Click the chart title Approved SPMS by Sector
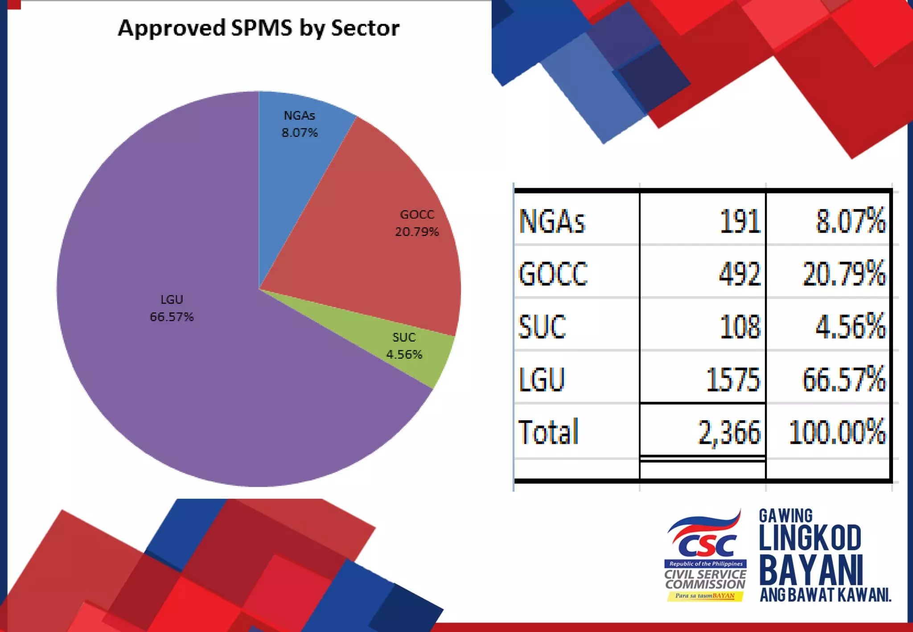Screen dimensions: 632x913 coord(259,28)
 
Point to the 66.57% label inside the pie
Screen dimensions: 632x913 coord(172,317)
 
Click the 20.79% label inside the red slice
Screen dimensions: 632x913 coord(417,232)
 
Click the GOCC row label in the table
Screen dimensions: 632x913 coord(553,274)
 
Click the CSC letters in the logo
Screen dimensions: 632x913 coord(705,546)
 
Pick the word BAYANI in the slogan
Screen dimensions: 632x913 coord(811,570)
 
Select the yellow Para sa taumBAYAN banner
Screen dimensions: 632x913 coord(705,596)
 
